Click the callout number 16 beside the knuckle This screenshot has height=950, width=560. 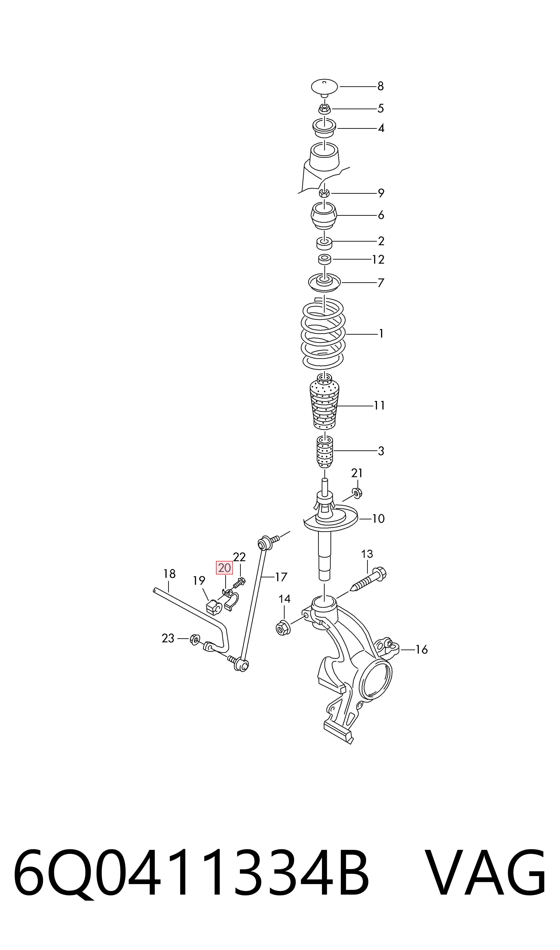[422, 650]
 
